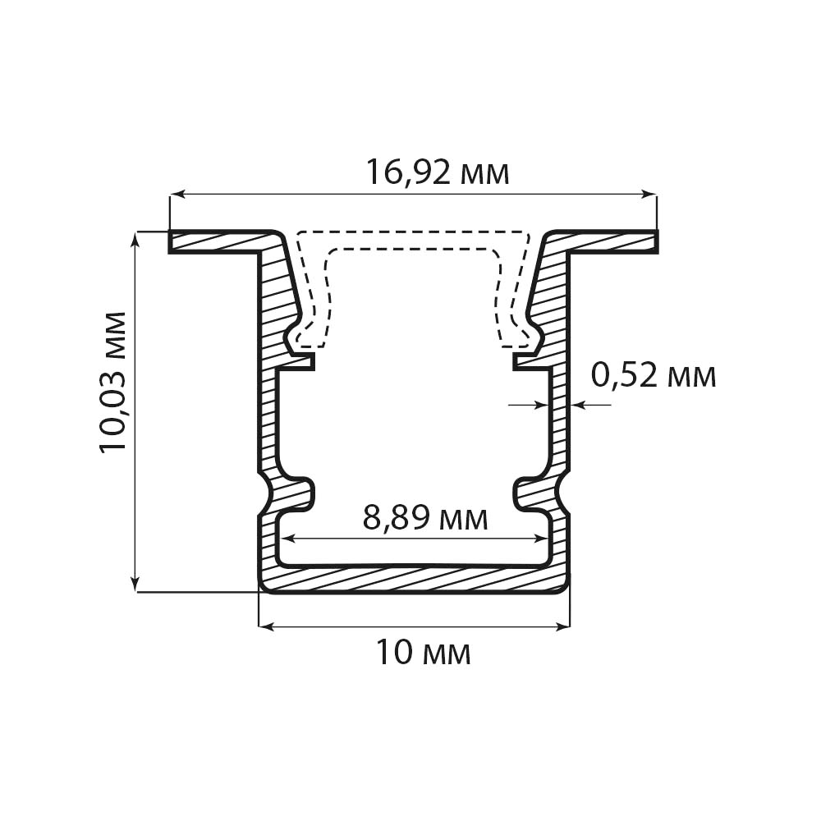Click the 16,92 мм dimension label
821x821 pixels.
[x=438, y=172]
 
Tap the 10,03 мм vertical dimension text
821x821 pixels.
[x=113, y=382]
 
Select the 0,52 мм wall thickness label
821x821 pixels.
[x=654, y=375]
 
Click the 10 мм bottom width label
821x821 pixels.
[x=423, y=653]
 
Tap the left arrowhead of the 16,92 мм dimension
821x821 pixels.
[x=177, y=195]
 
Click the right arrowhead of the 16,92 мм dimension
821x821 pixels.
[x=649, y=195]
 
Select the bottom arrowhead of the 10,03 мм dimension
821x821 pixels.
[x=135, y=585]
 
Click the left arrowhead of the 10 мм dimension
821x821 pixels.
[x=267, y=626]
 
